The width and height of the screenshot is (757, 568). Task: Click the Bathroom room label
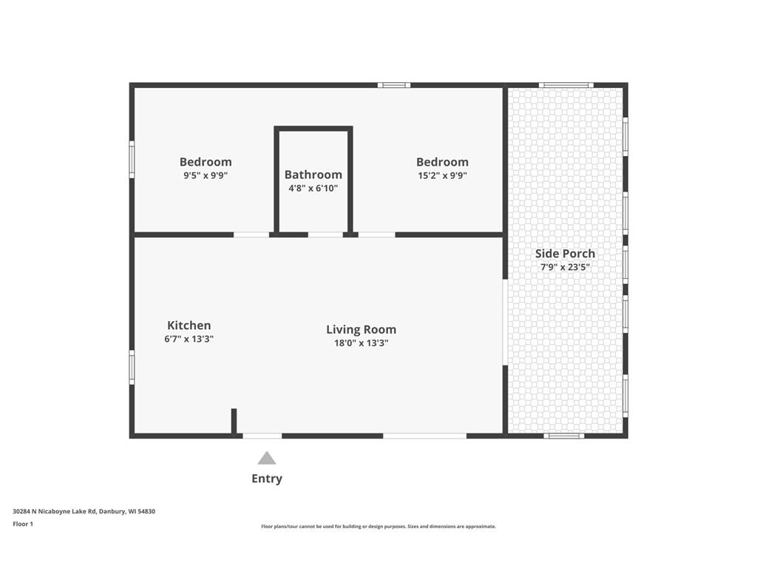(x=313, y=175)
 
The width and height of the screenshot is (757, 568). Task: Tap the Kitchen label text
(x=189, y=325)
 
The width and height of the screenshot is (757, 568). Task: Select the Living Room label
(x=361, y=329)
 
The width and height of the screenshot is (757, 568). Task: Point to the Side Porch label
(x=565, y=254)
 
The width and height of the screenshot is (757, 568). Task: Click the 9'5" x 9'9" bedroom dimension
(x=206, y=175)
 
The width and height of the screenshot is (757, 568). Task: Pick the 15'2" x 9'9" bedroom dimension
(x=442, y=175)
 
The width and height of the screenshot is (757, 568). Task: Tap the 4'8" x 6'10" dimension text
(x=313, y=188)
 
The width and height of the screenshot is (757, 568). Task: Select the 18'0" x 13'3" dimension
(x=361, y=343)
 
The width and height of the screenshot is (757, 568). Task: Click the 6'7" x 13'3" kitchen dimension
(x=189, y=339)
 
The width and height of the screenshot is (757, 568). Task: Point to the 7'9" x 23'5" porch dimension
(x=565, y=267)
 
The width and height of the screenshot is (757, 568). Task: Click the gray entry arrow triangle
(x=266, y=458)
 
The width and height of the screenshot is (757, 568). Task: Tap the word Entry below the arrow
(x=266, y=479)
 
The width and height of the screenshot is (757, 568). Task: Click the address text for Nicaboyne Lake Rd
(x=84, y=511)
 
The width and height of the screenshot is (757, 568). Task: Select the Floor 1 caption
(x=23, y=524)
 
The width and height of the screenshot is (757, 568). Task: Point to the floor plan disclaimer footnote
(x=378, y=527)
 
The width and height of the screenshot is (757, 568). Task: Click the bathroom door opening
(x=325, y=234)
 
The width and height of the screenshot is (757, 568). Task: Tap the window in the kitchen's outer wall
(x=132, y=368)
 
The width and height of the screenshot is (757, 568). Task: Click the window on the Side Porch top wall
(x=566, y=86)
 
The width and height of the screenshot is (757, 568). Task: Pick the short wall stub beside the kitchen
(x=234, y=421)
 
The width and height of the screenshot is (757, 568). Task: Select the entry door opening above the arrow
(x=262, y=436)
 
